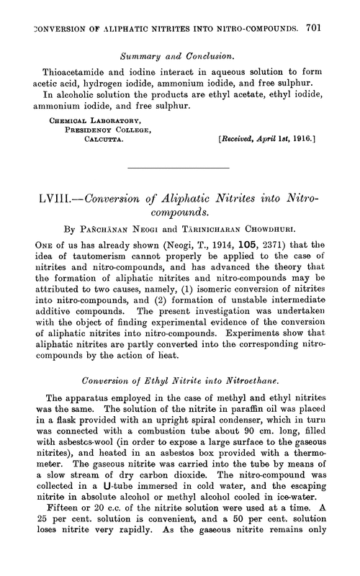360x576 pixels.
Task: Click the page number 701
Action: [339, 12]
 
